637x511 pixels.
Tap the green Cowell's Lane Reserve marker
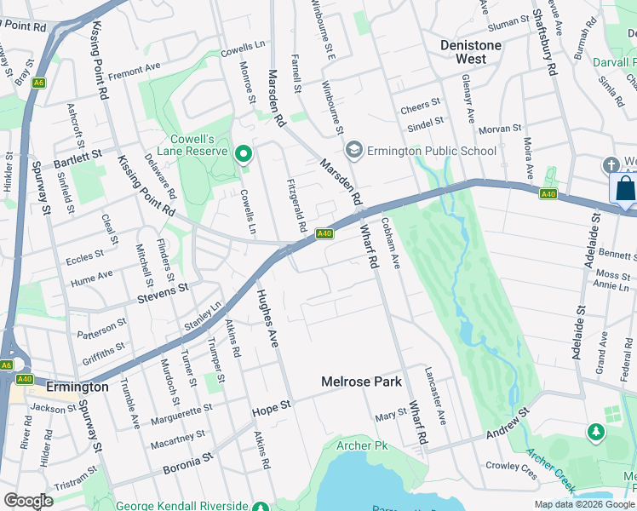pyautogui.click(x=243, y=154)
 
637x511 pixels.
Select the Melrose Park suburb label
pyautogui.click(x=361, y=382)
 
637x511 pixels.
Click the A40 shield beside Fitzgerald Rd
pyautogui.click(x=324, y=233)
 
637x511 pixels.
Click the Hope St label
pyautogui.click(x=272, y=411)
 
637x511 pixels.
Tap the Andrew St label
pyautogui.click(x=508, y=423)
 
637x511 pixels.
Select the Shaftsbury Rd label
pyautogui.click(x=544, y=43)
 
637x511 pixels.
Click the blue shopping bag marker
pyautogui.click(x=624, y=188)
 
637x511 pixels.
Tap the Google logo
pyautogui.click(x=28, y=501)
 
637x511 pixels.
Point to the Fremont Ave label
pyautogui.click(x=133, y=66)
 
